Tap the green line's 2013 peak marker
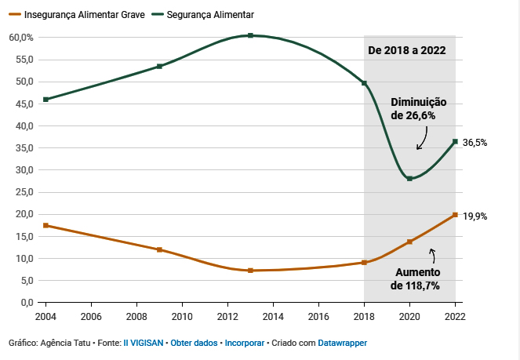pyautogui.click(x=250, y=35)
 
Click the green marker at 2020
pyautogui.click(x=409, y=179)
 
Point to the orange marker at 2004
pyautogui.click(x=46, y=225)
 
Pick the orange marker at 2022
pyautogui.click(x=455, y=215)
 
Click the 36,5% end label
pyautogui.click(x=475, y=143)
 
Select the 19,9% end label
pyautogui.click(x=475, y=216)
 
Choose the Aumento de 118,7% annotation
pyautogui.click(x=416, y=278)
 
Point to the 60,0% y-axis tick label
pyautogui.click(x=21, y=38)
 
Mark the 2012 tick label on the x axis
pyautogui.click(x=227, y=317)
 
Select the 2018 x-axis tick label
pyautogui.click(x=364, y=317)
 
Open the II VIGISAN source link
pyautogui.click(x=144, y=344)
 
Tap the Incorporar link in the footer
pyautogui.click(x=245, y=344)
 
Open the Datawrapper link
pyautogui.click(x=342, y=344)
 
